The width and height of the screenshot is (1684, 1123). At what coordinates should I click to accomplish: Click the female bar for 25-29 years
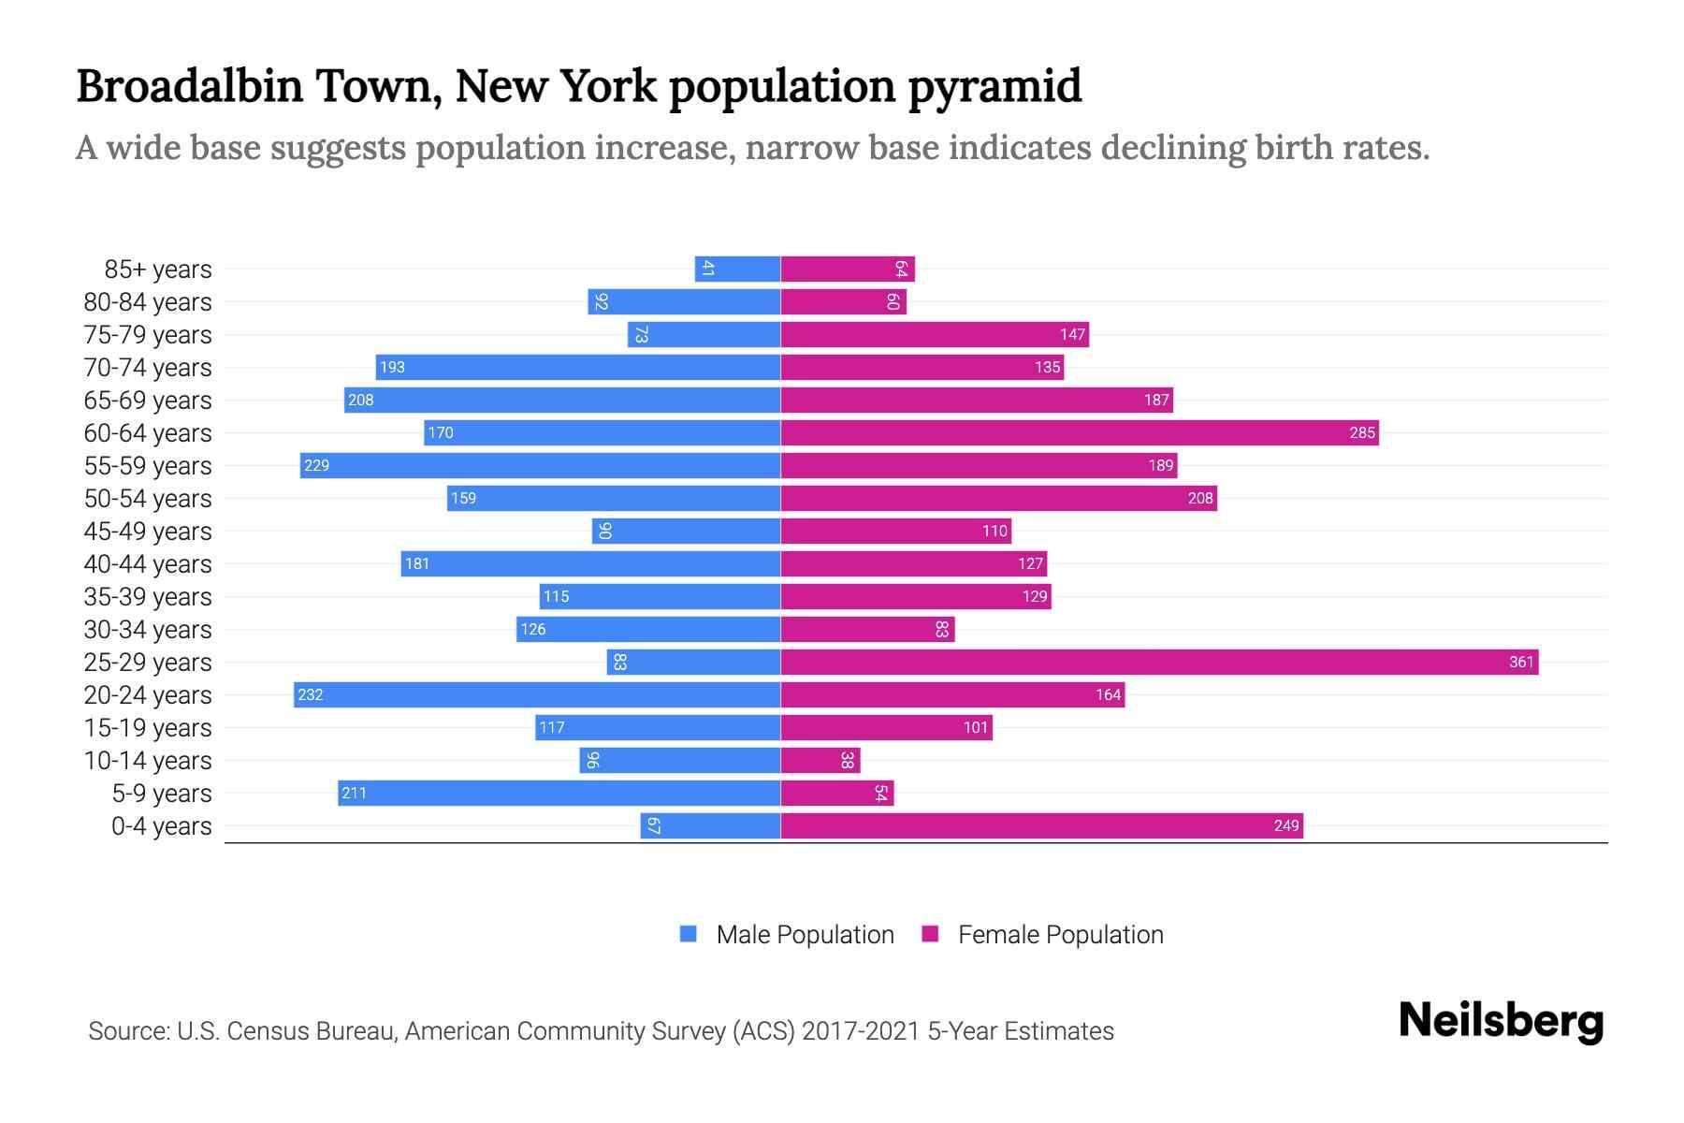(1159, 663)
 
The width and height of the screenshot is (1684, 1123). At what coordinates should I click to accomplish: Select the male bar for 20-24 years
(537, 695)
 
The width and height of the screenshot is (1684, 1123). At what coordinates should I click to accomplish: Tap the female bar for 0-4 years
(1041, 826)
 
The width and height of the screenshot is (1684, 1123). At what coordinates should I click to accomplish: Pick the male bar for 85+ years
(737, 270)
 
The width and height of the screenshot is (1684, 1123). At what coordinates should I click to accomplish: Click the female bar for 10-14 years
(820, 761)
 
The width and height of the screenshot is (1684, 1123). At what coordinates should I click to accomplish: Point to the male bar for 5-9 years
(559, 794)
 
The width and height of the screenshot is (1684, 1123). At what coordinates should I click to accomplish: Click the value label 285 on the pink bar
(1362, 433)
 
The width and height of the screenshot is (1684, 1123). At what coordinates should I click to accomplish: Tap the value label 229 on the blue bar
(317, 466)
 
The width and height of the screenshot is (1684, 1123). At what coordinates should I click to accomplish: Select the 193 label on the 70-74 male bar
(392, 368)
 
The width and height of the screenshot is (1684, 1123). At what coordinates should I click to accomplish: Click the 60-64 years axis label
(148, 433)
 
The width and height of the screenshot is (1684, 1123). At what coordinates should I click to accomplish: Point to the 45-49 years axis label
(148, 532)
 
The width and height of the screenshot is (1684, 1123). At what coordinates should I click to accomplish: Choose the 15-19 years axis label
(148, 728)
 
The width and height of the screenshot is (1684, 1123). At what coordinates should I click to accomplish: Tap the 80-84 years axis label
(148, 302)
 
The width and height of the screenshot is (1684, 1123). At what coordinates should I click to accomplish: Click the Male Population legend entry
(804, 935)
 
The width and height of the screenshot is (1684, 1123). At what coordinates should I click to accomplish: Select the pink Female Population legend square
(930, 934)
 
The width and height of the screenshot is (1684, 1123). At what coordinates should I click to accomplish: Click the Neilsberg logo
(1501, 1021)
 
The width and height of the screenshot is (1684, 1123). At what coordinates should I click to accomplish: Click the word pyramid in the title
(994, 87)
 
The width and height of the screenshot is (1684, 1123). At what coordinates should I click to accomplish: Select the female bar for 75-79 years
(935, 335)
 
